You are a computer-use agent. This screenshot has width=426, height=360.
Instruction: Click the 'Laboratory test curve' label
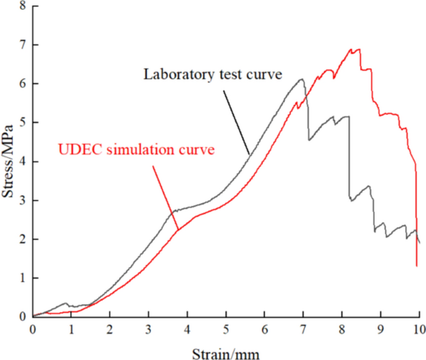coord(213,74)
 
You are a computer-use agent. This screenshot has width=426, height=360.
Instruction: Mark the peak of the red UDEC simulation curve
coord(356,49)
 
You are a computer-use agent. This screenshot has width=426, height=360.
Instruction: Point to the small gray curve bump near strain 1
coord(65,303)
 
